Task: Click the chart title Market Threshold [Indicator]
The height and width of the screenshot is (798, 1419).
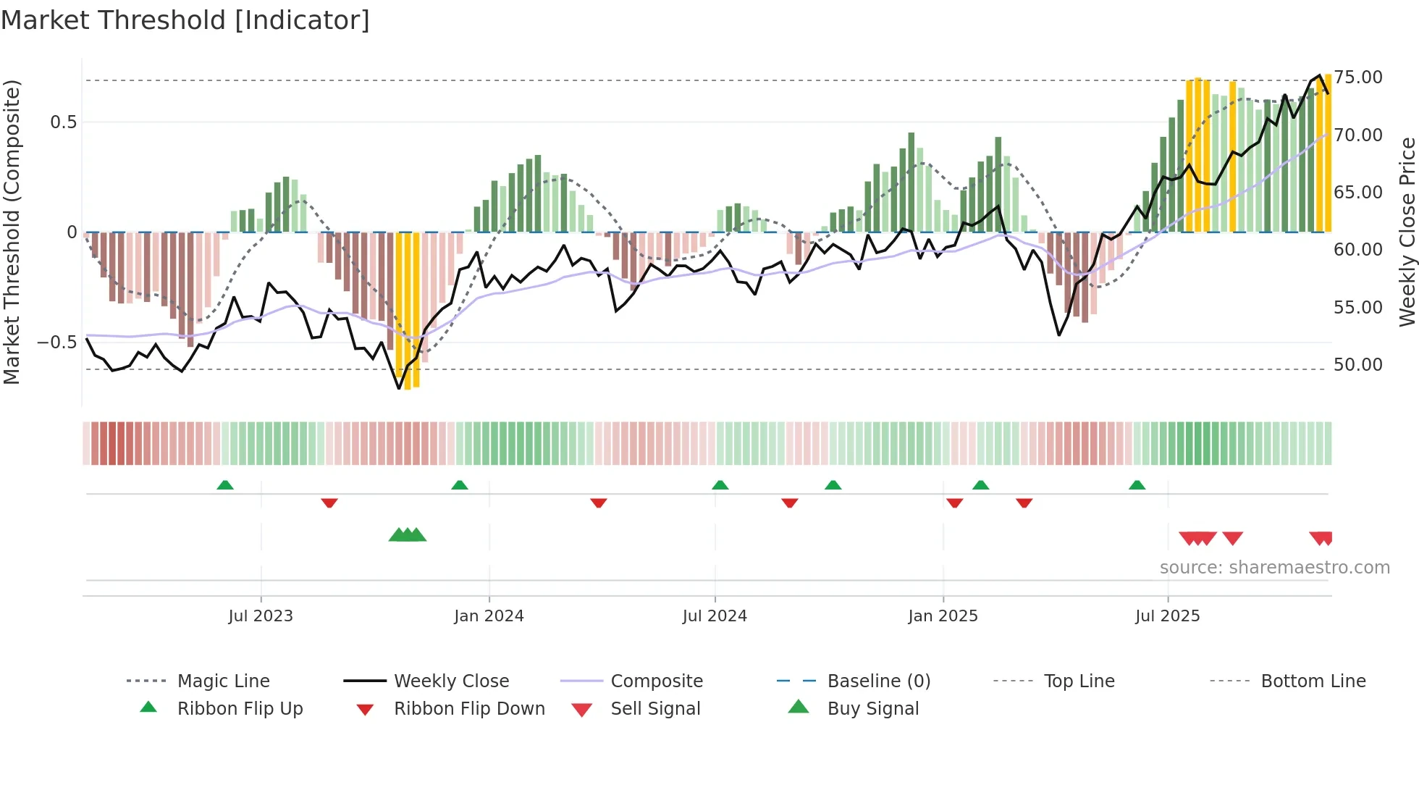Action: coord(185,20)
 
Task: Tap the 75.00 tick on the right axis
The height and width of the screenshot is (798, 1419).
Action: coord(1357,77)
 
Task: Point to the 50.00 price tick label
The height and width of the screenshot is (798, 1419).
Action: coord(1357,365)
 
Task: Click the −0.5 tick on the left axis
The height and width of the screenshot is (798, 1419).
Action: coord(56,342)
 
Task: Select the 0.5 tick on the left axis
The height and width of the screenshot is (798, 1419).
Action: coord(63,122)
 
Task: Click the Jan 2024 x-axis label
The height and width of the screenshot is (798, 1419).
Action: coord(489,616)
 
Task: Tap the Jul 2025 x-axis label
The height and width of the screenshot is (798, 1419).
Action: coord(1167,616)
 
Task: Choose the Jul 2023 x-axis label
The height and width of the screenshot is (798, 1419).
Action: coord(261,616)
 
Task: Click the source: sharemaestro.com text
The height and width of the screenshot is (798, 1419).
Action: coord(1274,568)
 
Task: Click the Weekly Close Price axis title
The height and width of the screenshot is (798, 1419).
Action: coord(1407,232)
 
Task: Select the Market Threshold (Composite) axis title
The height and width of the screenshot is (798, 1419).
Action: coord(12,232)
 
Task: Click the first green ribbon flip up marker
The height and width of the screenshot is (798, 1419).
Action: coord(225,485)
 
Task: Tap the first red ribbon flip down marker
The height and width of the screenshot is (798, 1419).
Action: coord(329,503)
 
